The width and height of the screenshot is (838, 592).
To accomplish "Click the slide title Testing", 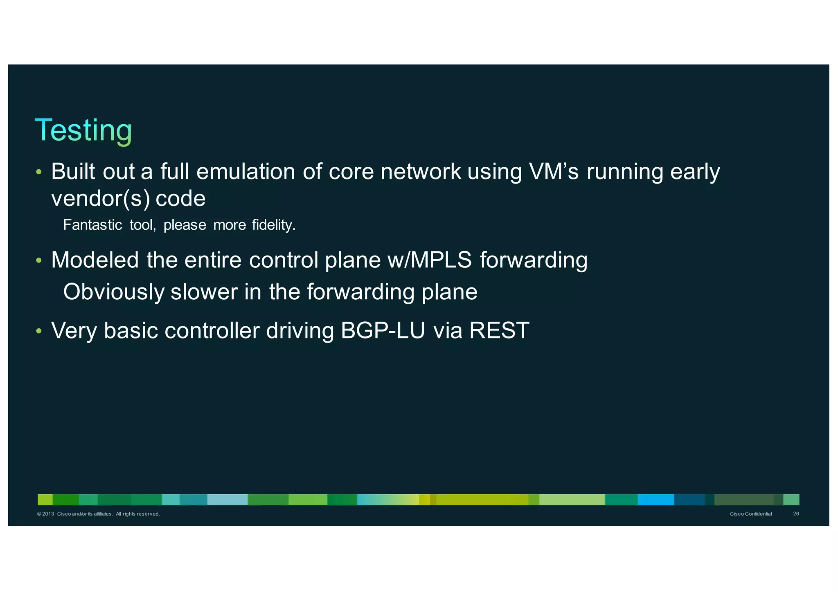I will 83,130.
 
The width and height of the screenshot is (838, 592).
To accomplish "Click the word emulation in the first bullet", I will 246,171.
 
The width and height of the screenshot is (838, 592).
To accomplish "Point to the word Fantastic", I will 92,225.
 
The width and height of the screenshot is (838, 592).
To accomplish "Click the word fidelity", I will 273,225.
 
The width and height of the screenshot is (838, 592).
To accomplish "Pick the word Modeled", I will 95,260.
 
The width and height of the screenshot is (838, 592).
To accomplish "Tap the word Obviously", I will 114,292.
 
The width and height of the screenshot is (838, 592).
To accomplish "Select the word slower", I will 204,292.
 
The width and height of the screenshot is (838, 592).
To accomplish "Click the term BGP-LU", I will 383,330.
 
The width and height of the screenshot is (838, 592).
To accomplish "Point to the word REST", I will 499,330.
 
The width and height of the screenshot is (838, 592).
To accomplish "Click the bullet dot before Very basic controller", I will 39,331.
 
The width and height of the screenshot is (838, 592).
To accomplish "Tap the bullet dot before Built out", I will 39,172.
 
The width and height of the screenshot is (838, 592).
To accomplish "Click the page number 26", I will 796,514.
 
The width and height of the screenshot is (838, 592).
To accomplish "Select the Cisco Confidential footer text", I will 751,514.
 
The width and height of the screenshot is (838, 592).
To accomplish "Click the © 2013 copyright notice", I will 98,514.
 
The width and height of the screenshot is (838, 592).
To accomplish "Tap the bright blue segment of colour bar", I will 656,500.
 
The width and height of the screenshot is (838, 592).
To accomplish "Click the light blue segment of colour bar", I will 227,500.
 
